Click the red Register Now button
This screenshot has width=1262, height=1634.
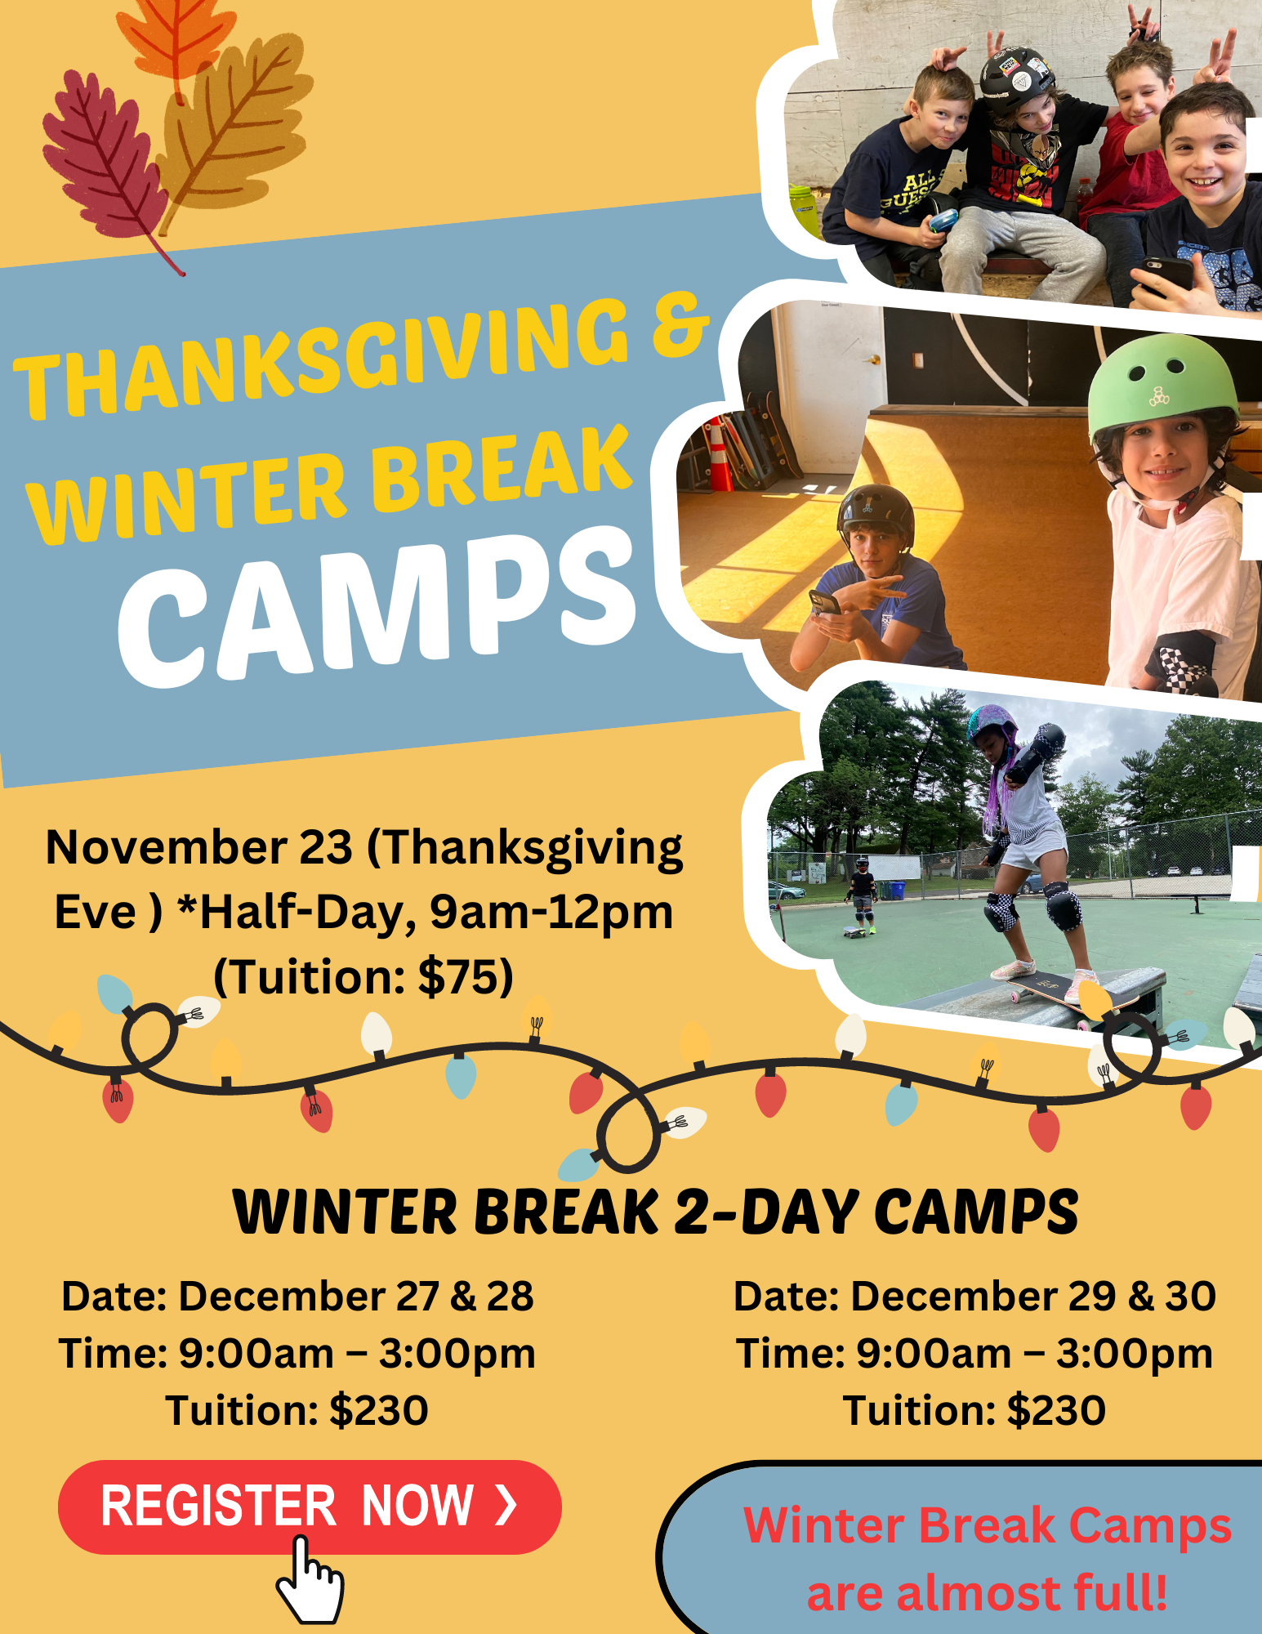tap(310, 1507)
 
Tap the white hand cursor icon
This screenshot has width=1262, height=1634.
tap(309, 1581)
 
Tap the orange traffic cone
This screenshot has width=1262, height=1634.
tap(719, 454)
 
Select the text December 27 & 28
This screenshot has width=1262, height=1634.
tap(356, 1297)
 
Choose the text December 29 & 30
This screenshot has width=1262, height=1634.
tap(1033, 1297)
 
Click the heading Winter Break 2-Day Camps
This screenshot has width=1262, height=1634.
tap(655, 1211)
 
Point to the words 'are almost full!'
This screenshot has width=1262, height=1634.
tap(987, 1594)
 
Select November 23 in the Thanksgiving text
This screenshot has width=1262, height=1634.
tap(199, 847)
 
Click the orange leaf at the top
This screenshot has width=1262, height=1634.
tap(176, 37)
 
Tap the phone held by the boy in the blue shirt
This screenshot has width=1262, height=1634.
tap(825, 602)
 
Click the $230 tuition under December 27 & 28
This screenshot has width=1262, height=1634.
tap(379, 1411)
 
